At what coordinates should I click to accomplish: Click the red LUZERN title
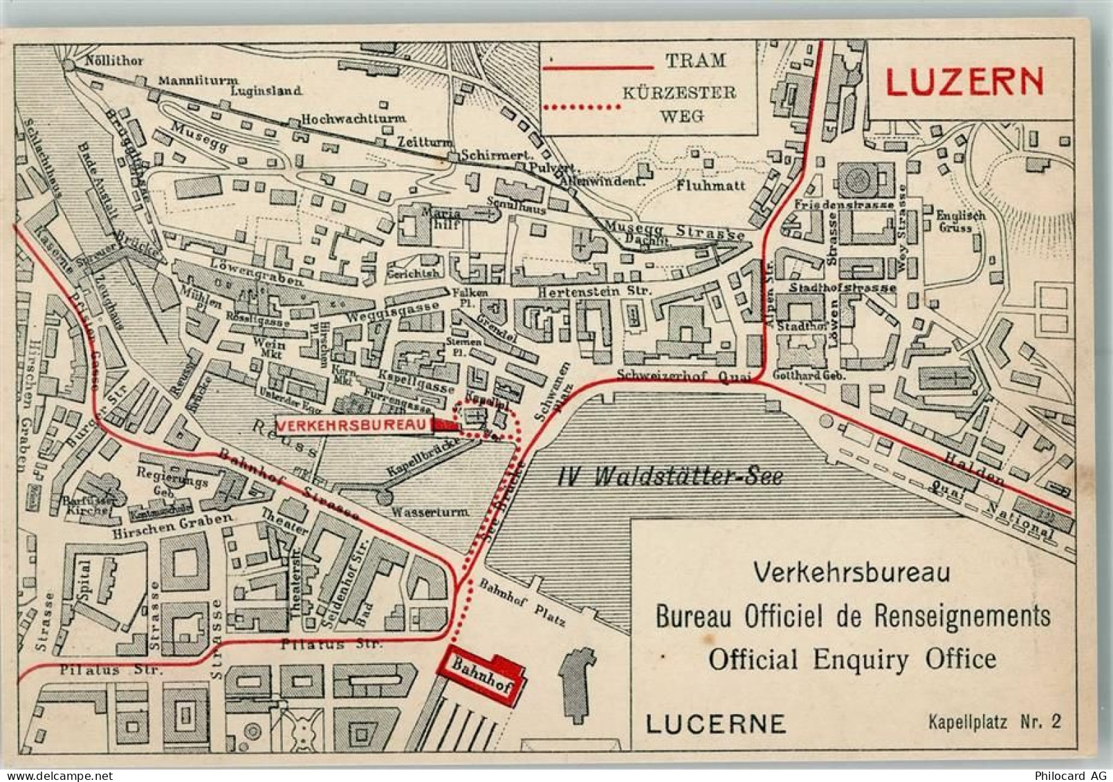tap(964, 82)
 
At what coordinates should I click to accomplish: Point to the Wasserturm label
tap(430, 512)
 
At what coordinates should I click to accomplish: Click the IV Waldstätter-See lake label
tap(670, 476)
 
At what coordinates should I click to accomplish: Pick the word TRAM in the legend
tap(696, 60)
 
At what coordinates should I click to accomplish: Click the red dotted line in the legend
tap(582, 106)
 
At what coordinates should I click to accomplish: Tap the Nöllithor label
tap(114, 60)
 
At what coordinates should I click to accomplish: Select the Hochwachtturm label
tap(353, 118)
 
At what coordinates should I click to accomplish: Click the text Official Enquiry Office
tap(852, 659)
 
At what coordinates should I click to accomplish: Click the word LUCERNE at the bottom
tap(715, 723)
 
